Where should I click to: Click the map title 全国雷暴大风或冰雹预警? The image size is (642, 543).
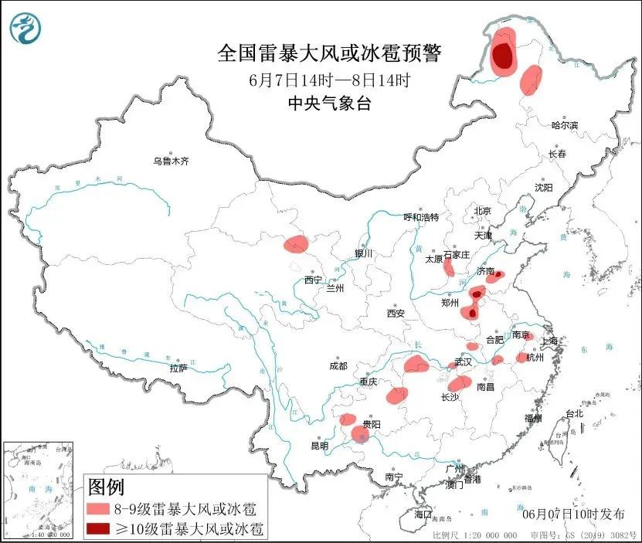329,53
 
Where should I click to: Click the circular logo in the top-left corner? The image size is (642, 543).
25,29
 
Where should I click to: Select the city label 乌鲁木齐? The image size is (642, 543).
170,161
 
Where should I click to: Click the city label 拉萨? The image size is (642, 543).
178,368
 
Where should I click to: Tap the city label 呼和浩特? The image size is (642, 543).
422,217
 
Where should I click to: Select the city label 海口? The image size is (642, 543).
423,514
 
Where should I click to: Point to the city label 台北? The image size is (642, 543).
574,413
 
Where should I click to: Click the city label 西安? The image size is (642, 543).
396,314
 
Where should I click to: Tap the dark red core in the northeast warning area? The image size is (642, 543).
503,55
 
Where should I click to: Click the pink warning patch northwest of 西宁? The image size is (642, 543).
296,245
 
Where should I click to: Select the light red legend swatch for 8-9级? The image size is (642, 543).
98,509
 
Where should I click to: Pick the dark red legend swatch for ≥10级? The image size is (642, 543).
98,528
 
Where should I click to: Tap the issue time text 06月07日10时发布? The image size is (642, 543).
573,513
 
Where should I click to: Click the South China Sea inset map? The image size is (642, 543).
39,490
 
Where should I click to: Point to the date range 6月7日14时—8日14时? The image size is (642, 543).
329,79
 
